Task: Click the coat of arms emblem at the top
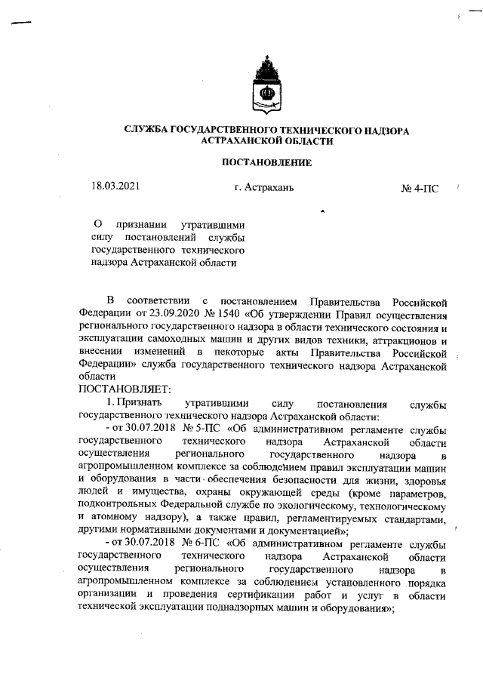[x=266, y=84]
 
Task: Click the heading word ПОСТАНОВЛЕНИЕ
[x=266, y=162]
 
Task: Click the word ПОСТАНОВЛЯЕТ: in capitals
[x=125, y=389]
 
